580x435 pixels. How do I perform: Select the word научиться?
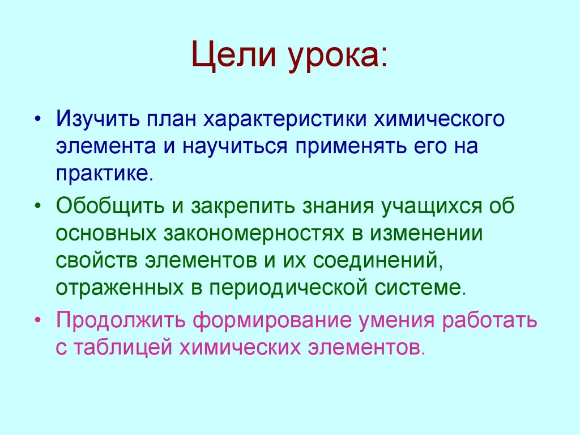(x=235, y=146)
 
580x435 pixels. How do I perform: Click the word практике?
(x=104, y=171)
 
